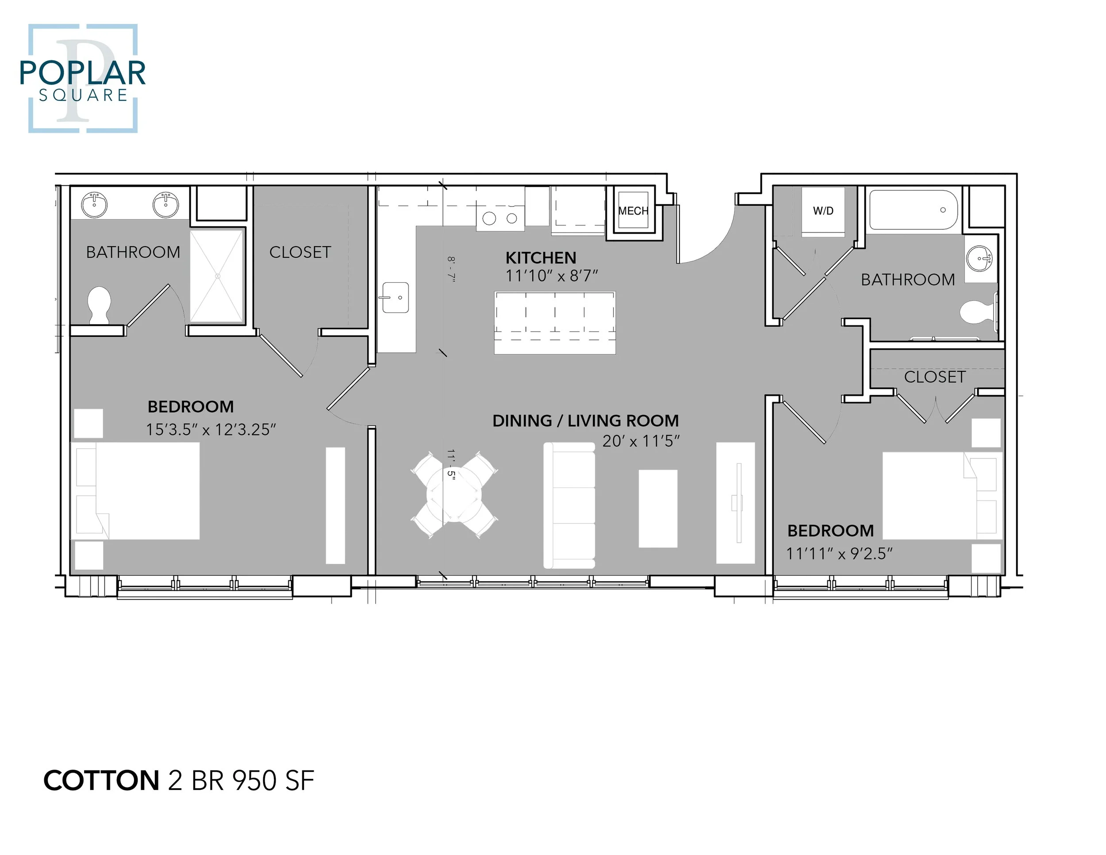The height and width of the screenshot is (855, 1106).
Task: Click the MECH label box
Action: (x=633, y=211)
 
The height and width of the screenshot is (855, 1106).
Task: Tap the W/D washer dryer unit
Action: (x=823, y=211)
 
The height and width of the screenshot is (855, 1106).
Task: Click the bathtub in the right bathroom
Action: (x=913, y=210)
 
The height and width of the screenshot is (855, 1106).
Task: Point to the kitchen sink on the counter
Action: (x=395, y=298)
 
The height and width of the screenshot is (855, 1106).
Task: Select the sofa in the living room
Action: (x=568, y=505)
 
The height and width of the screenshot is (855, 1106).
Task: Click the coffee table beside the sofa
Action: (x=658, y=508)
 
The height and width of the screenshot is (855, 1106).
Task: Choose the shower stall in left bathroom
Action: (x=217, y=276)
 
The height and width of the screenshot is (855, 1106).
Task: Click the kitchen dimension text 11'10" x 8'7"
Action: (x=552, y=276)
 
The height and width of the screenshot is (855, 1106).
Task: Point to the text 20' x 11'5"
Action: (x=641, y=441)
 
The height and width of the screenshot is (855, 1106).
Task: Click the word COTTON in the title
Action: (x=101, y=781)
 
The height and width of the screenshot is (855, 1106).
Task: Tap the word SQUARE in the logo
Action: (x=83, y=95)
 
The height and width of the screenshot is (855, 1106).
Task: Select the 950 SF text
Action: (x=273, y=781)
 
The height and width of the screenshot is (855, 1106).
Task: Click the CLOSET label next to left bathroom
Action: (x=300, y=252)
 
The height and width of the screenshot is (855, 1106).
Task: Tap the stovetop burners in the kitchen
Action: (x=500, y=219)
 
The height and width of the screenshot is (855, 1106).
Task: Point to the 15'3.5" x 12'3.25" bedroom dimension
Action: (x=211, y=430)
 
